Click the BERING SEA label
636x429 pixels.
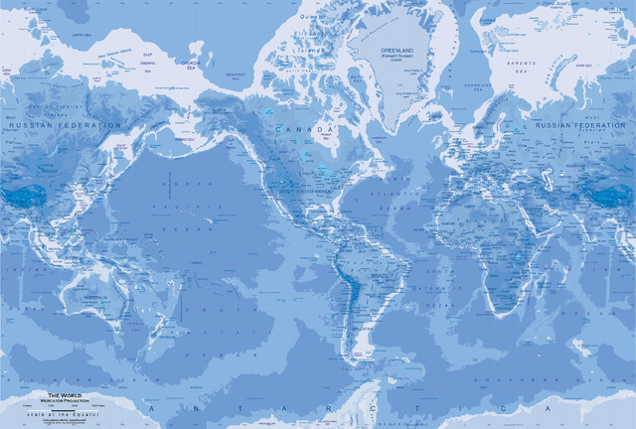point(185,141)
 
